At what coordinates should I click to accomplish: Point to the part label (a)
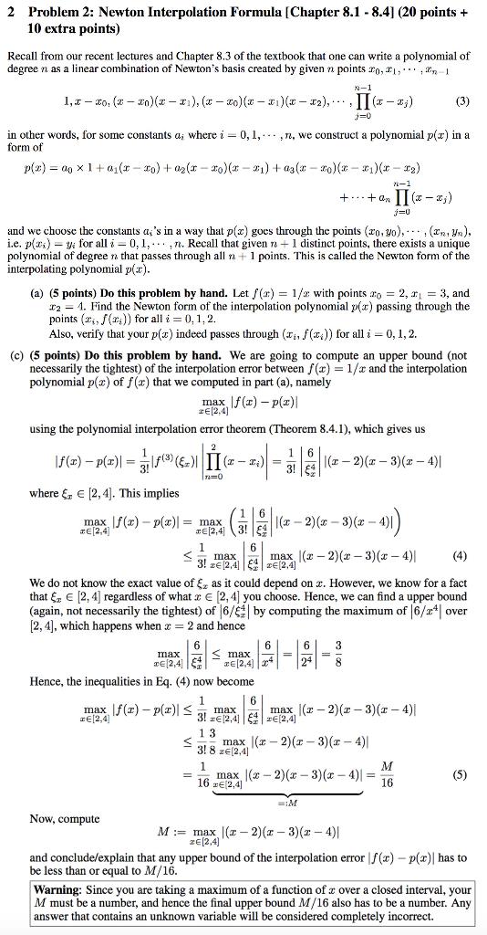pyautogui.click(x=42, y=294)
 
